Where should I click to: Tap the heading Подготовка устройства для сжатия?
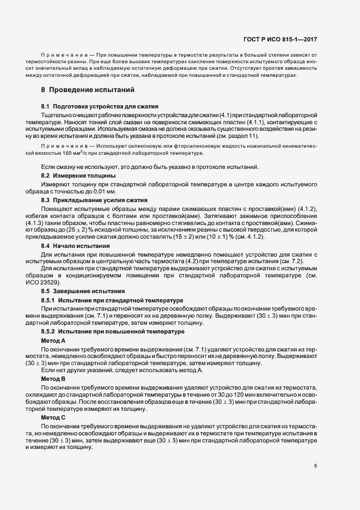[x=106, y=105]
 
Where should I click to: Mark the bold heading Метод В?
[x=53, y=378]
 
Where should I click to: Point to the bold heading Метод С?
[x=53, y=416]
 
